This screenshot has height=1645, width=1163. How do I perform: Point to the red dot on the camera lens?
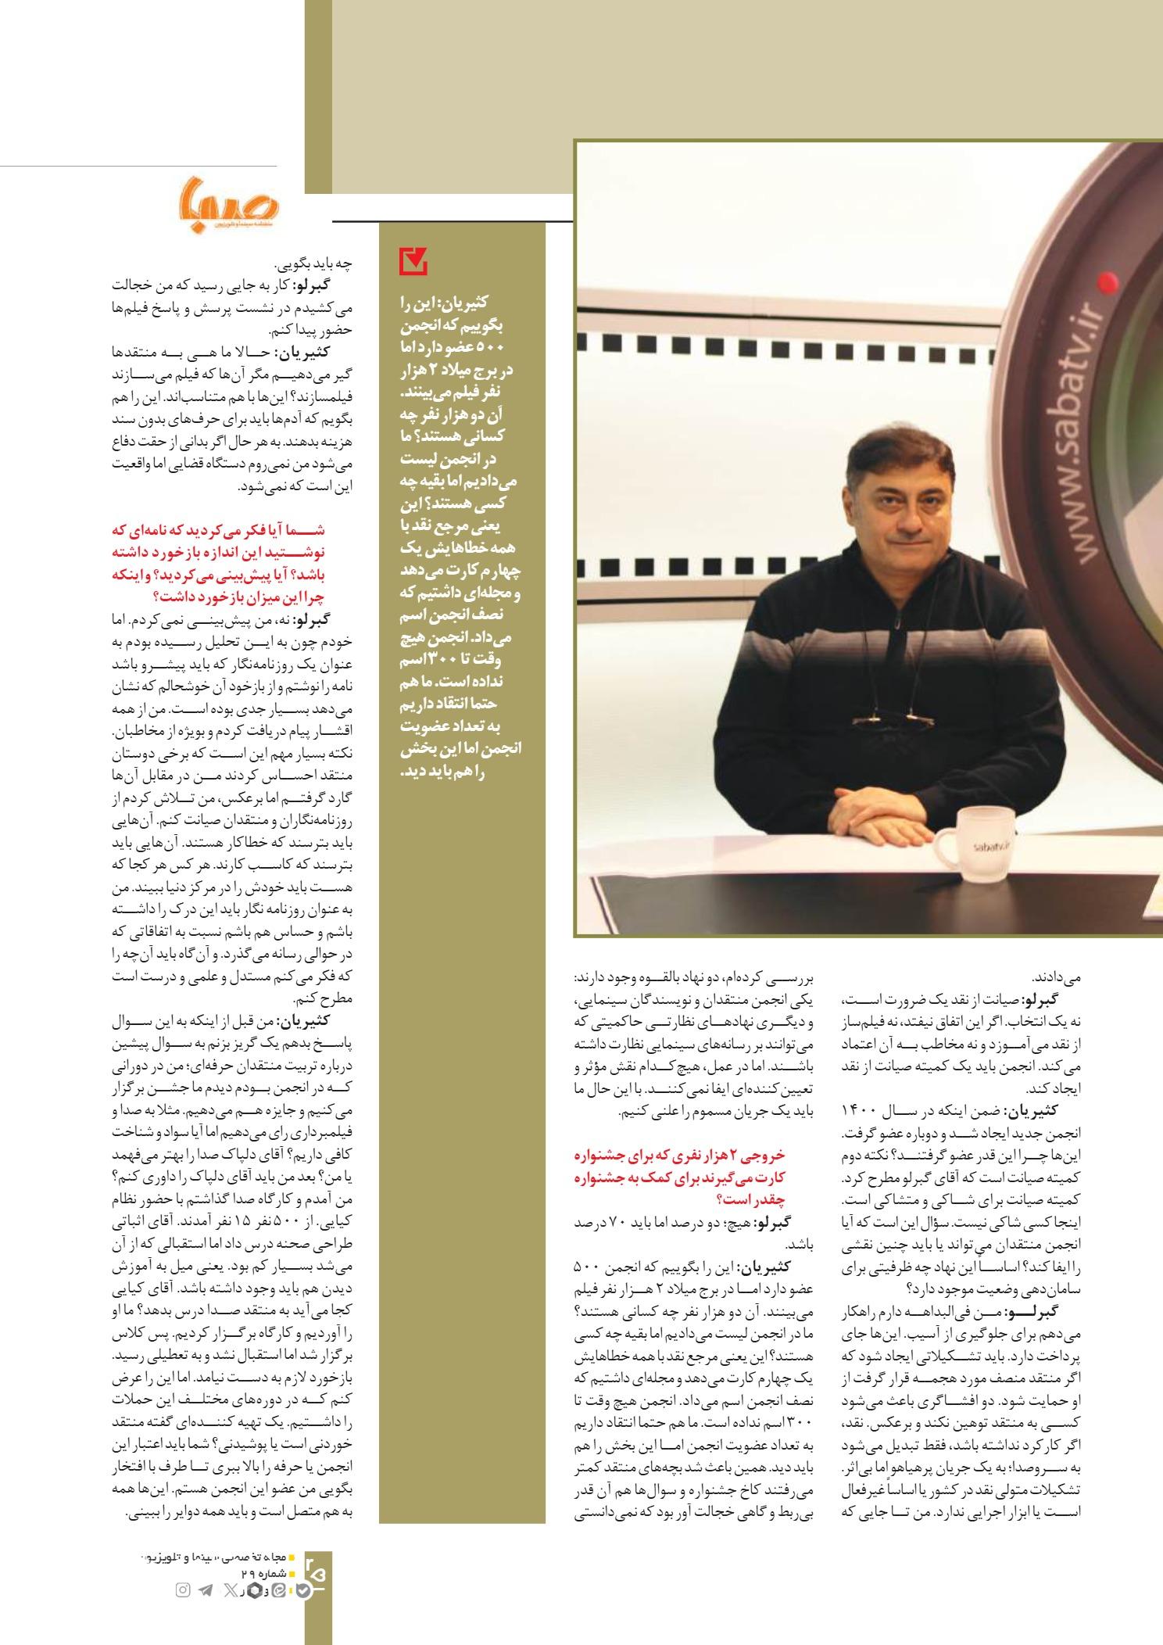pyautogui.click(x=1105, y=281)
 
